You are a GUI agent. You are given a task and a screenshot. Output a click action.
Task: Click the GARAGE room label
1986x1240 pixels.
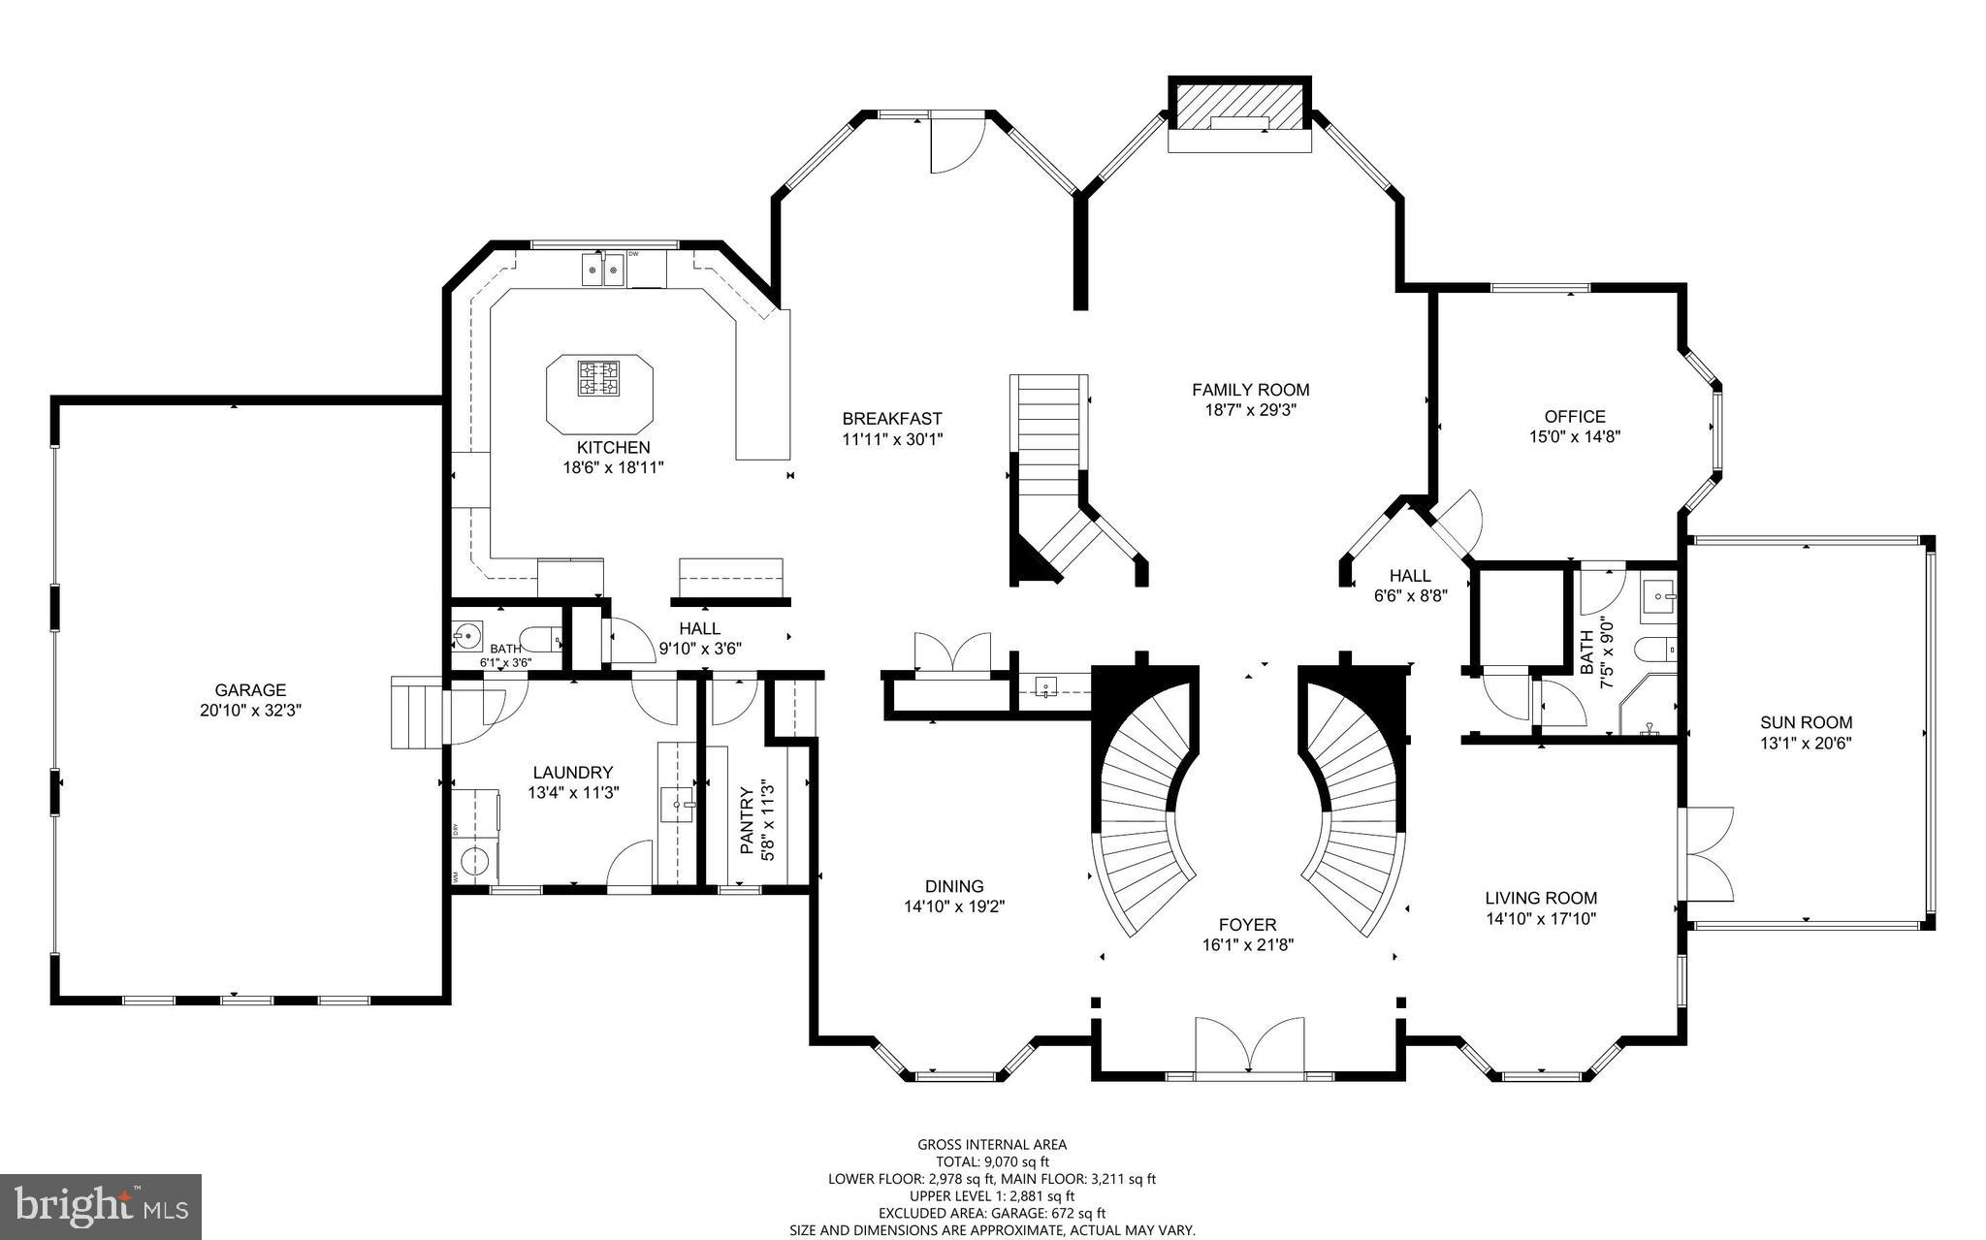(250, 690)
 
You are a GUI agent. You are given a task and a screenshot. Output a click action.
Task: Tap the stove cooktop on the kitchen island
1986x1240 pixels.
(599, 378)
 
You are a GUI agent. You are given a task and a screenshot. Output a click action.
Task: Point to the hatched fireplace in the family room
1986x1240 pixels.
(1239, 105)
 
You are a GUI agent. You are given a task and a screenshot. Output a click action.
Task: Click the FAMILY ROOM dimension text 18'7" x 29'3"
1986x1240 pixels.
(1250, 409)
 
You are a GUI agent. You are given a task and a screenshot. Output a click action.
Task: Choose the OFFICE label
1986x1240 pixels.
(1575, 417)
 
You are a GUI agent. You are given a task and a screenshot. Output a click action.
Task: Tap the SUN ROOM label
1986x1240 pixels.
(1806, 722)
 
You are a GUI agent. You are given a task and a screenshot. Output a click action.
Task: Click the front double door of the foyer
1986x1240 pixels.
(1249, 1047)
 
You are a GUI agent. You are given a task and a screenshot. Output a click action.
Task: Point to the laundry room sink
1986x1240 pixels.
(677, 805)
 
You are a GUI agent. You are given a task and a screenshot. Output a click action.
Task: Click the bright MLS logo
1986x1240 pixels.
(101, 1205)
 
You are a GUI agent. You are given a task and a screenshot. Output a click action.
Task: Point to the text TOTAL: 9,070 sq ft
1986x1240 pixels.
(992, 1161)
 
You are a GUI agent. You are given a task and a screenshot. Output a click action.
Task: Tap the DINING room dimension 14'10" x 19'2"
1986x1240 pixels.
(954, 906)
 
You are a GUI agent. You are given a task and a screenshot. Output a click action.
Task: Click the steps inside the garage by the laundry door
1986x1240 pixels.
(415, 713)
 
